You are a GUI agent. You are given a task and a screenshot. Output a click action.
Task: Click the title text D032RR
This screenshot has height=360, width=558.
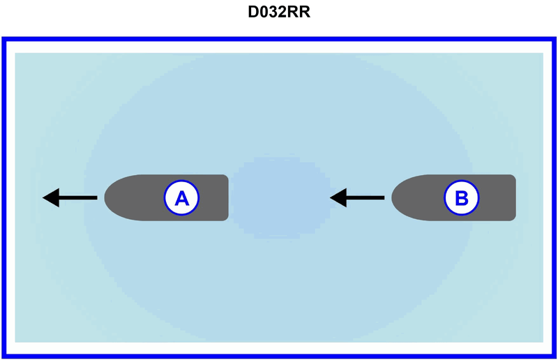click(x=279, y=13)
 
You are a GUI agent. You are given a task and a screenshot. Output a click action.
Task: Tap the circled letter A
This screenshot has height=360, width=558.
click(x=181, y=198)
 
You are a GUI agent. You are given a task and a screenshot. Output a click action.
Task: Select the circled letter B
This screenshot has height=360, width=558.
click(x=462, y=198)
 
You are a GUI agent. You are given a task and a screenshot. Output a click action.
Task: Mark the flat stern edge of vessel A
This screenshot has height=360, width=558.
click(x=227, y=198)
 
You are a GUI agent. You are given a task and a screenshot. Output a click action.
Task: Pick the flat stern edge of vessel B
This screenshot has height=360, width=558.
click(x=514, y=198)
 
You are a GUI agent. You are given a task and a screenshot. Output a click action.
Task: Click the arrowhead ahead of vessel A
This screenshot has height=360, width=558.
click(x=51, y=198)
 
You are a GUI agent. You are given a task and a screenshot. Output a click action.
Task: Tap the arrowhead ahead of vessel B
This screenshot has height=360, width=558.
click(x=338, y=198)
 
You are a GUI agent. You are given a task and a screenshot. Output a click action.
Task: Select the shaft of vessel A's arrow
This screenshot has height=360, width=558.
click(x=78, y=198)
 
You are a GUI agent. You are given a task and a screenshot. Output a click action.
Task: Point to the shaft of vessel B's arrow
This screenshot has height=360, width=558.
click(x=365, y=198)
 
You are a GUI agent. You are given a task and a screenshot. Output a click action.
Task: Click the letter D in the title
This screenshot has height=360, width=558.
click(x=253, y=13)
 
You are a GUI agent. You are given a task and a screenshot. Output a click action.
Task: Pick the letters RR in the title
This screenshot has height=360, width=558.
click(x=300, y=13)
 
